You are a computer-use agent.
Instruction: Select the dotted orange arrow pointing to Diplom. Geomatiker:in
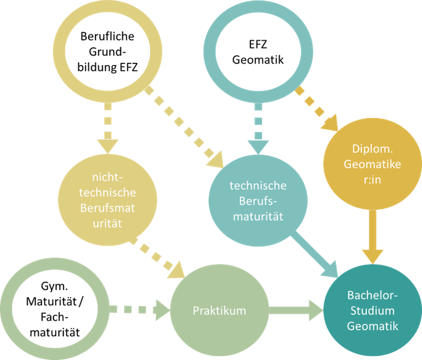tap(317, 108)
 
